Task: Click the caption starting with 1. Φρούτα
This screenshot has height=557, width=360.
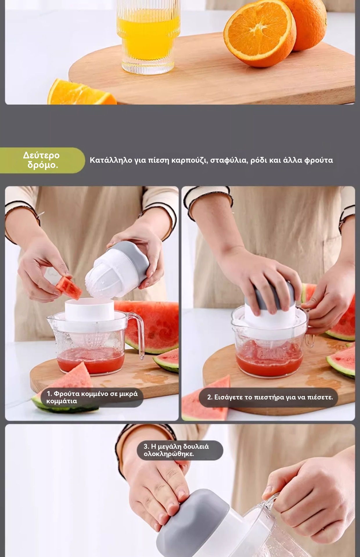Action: [92, 397]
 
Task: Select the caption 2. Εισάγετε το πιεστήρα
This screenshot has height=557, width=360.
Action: [269, 397]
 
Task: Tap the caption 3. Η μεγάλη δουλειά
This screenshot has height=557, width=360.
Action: [180, 450]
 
